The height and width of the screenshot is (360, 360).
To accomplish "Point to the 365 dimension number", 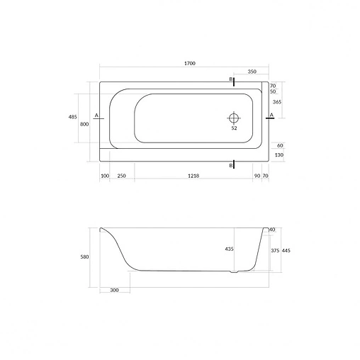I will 278,103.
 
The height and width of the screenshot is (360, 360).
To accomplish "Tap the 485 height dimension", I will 72,117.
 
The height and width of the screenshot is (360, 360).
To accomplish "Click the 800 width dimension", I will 84,125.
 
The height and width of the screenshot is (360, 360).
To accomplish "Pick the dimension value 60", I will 280,145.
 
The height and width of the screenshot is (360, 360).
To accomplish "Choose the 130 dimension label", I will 279,154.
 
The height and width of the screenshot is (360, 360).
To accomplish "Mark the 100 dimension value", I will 104,175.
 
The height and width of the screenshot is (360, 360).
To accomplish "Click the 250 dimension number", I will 121,175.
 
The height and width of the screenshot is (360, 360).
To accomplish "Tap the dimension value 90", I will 257,175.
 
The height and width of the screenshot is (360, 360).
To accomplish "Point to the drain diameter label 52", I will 234,129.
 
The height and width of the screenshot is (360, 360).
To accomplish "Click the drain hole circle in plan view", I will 234,117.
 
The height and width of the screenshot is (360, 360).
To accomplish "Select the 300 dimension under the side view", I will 114,291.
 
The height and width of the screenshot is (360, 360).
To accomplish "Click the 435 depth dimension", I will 229,249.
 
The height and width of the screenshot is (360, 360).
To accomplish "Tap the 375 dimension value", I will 275,250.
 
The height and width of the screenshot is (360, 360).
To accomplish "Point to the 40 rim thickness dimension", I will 272,230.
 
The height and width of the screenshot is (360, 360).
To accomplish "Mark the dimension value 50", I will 273,91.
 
